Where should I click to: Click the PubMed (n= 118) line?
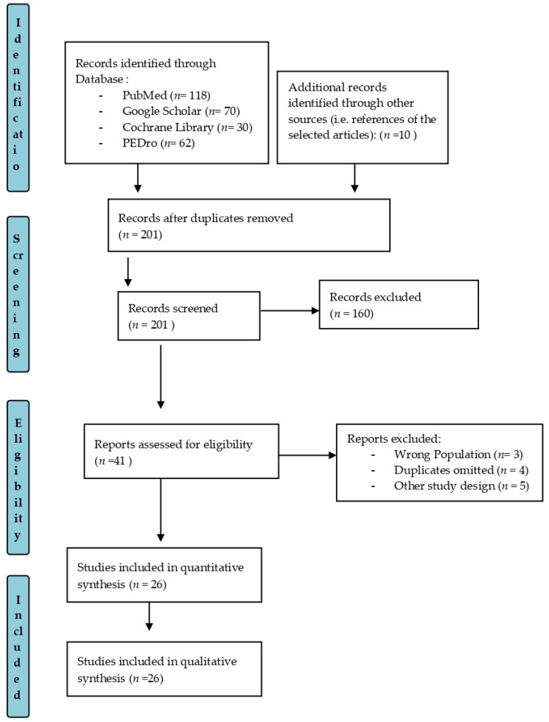[x=167, y=95]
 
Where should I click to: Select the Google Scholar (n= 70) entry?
[x=181, y=111]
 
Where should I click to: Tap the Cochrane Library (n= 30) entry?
[x=187, y=127]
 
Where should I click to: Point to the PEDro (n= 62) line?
[x=158, y=143]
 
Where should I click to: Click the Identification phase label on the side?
[x=18, y=97]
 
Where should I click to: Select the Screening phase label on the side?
[x=18, y=294]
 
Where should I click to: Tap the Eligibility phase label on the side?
[x=18, y=477]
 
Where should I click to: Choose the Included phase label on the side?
[x=18, y=647]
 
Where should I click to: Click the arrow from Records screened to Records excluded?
[x=290, y=310]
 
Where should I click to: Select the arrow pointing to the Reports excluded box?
[x=308, y=455]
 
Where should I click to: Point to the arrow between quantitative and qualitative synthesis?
[x=149, y=617]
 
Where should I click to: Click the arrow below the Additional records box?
[x=354, y=178]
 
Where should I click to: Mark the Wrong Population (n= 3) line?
[x=458, y=455]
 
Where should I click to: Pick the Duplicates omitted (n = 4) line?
[x=461, y=470]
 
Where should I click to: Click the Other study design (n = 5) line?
[x=461, y=486]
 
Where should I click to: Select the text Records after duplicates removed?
[x=206, y=218]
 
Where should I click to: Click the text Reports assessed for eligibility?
[x=173, y=444]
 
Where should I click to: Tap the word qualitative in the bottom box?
[x=209, y=662]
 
